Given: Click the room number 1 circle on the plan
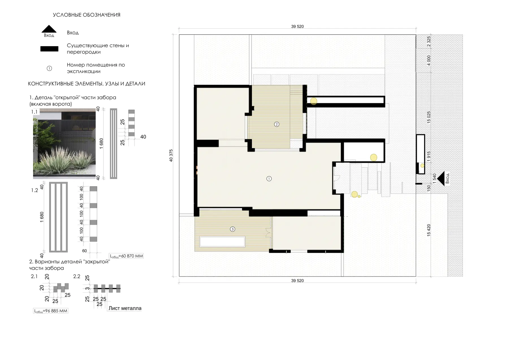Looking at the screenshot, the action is (x=269, y=178).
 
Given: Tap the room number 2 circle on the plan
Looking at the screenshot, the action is (x=277, y=124).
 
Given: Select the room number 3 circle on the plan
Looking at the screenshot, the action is (x=232, y=229).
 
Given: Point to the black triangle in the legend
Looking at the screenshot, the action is (x=49, y=29).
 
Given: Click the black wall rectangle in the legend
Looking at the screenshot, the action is (x=49, y=49).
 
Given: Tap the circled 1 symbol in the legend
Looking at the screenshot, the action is (x=49, y=68).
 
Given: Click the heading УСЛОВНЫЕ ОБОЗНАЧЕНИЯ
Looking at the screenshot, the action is (x=87, y=15).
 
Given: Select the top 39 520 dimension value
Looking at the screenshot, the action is (x=297, y=27).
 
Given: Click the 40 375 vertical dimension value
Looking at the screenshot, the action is (x=171, y=156).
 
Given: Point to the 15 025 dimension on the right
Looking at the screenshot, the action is (x=429, y=117).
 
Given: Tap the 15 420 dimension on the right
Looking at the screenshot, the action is (x=429, y=230).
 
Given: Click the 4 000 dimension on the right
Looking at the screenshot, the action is (x=429, y=60).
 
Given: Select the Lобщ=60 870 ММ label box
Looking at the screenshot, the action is (x=126, y=256).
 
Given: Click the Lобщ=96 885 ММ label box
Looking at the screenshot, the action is (x=51, y=311).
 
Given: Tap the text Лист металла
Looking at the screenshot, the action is (x=125, y=308).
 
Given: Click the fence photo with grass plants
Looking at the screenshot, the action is (x=64, y=144).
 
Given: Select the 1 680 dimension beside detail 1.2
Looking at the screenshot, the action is (x=42, y=217).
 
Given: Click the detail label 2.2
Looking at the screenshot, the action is (x=77, y=276).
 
